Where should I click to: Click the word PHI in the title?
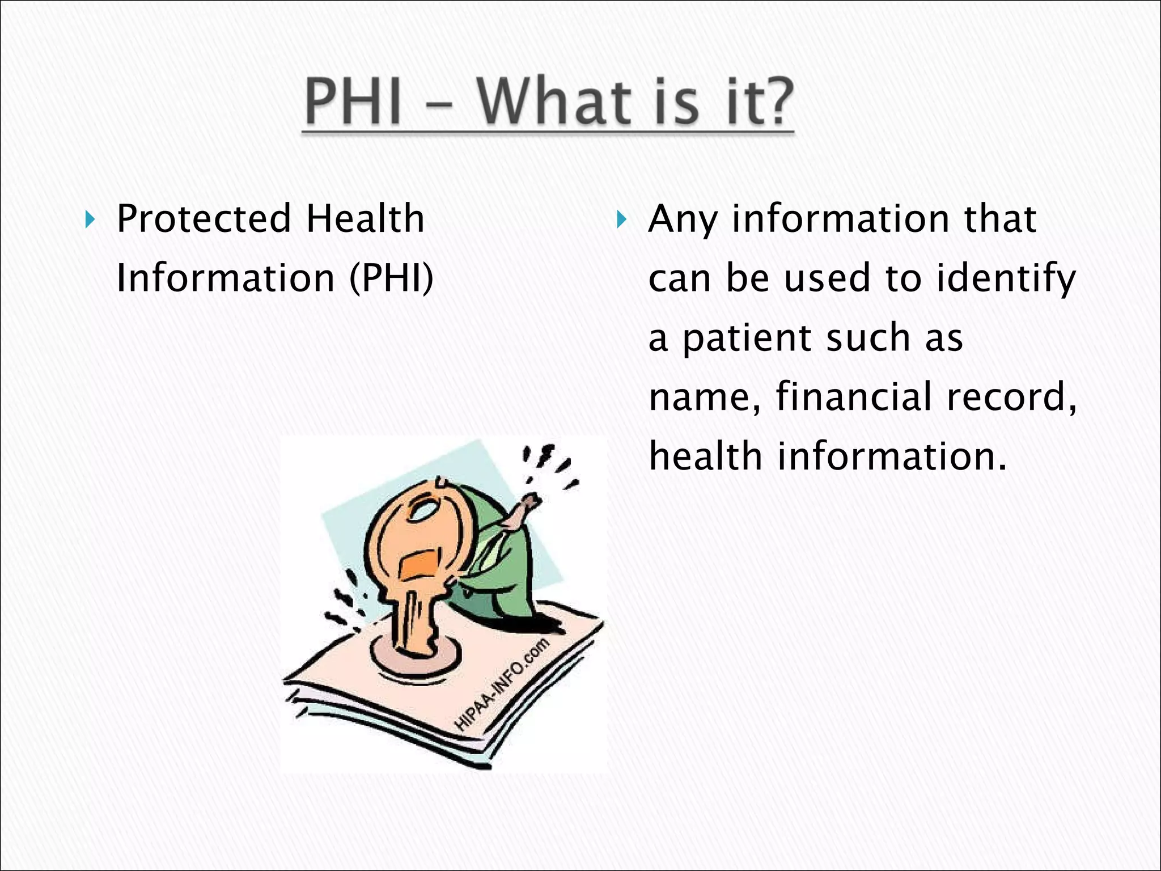point(353,103)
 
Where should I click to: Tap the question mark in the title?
point(770,102)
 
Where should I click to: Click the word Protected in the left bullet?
point(204,218)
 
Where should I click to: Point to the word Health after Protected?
point(366,218)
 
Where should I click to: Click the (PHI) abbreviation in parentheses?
point(391,278)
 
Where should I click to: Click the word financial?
point(854,396)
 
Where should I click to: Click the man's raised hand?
point(529,502)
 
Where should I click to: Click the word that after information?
point(1000,218)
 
